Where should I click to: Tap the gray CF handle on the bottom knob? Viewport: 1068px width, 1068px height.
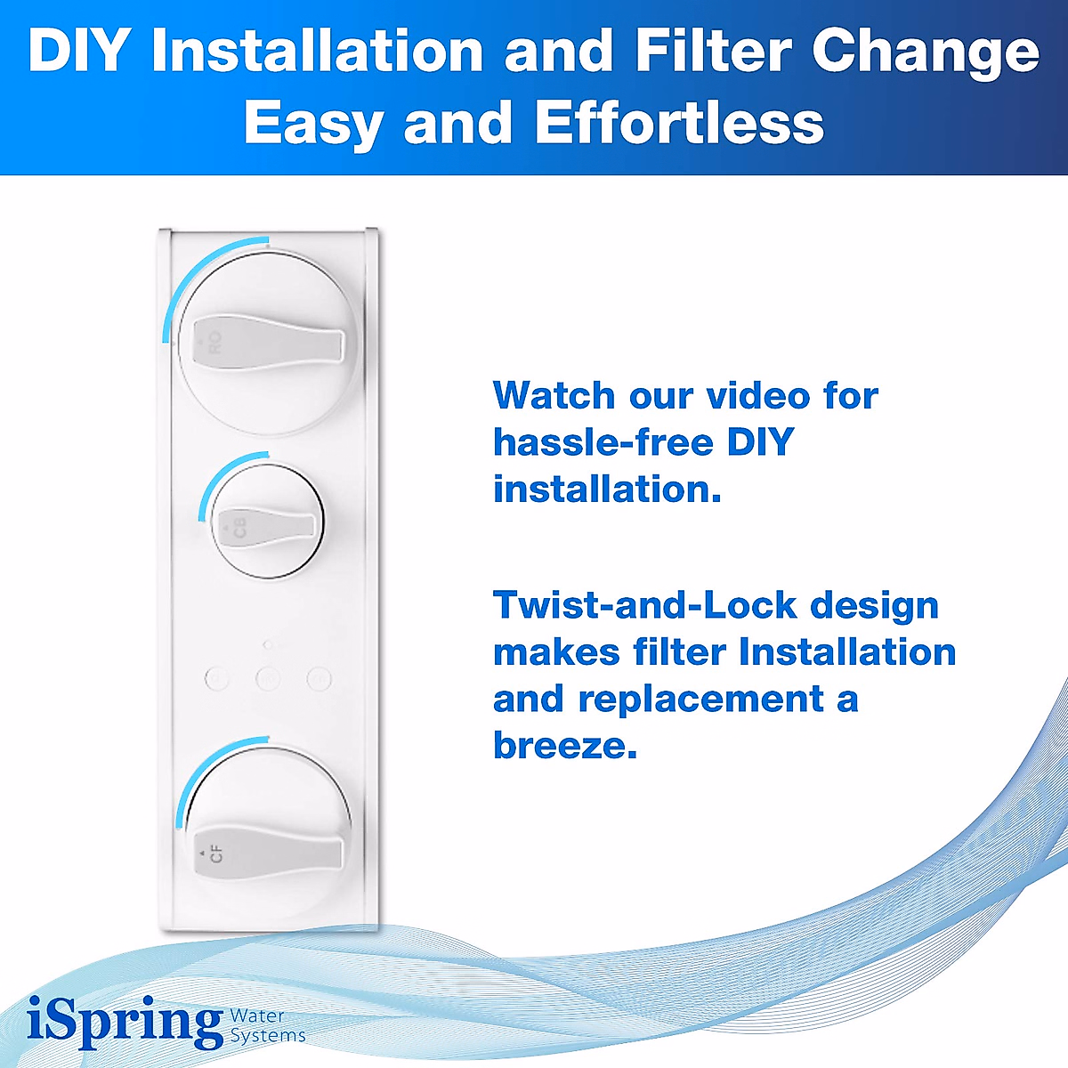point(267,854)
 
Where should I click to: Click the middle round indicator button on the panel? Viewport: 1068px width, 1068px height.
point(268,679)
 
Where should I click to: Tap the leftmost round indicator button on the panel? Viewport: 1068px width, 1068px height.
point(216,679)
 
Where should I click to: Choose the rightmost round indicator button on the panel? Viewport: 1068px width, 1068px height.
point(319,679)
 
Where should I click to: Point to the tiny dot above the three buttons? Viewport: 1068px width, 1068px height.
point(268,643)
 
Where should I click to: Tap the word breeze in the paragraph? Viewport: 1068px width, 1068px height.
point(564,746)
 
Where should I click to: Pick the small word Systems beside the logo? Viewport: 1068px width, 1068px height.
point(268,1036)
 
